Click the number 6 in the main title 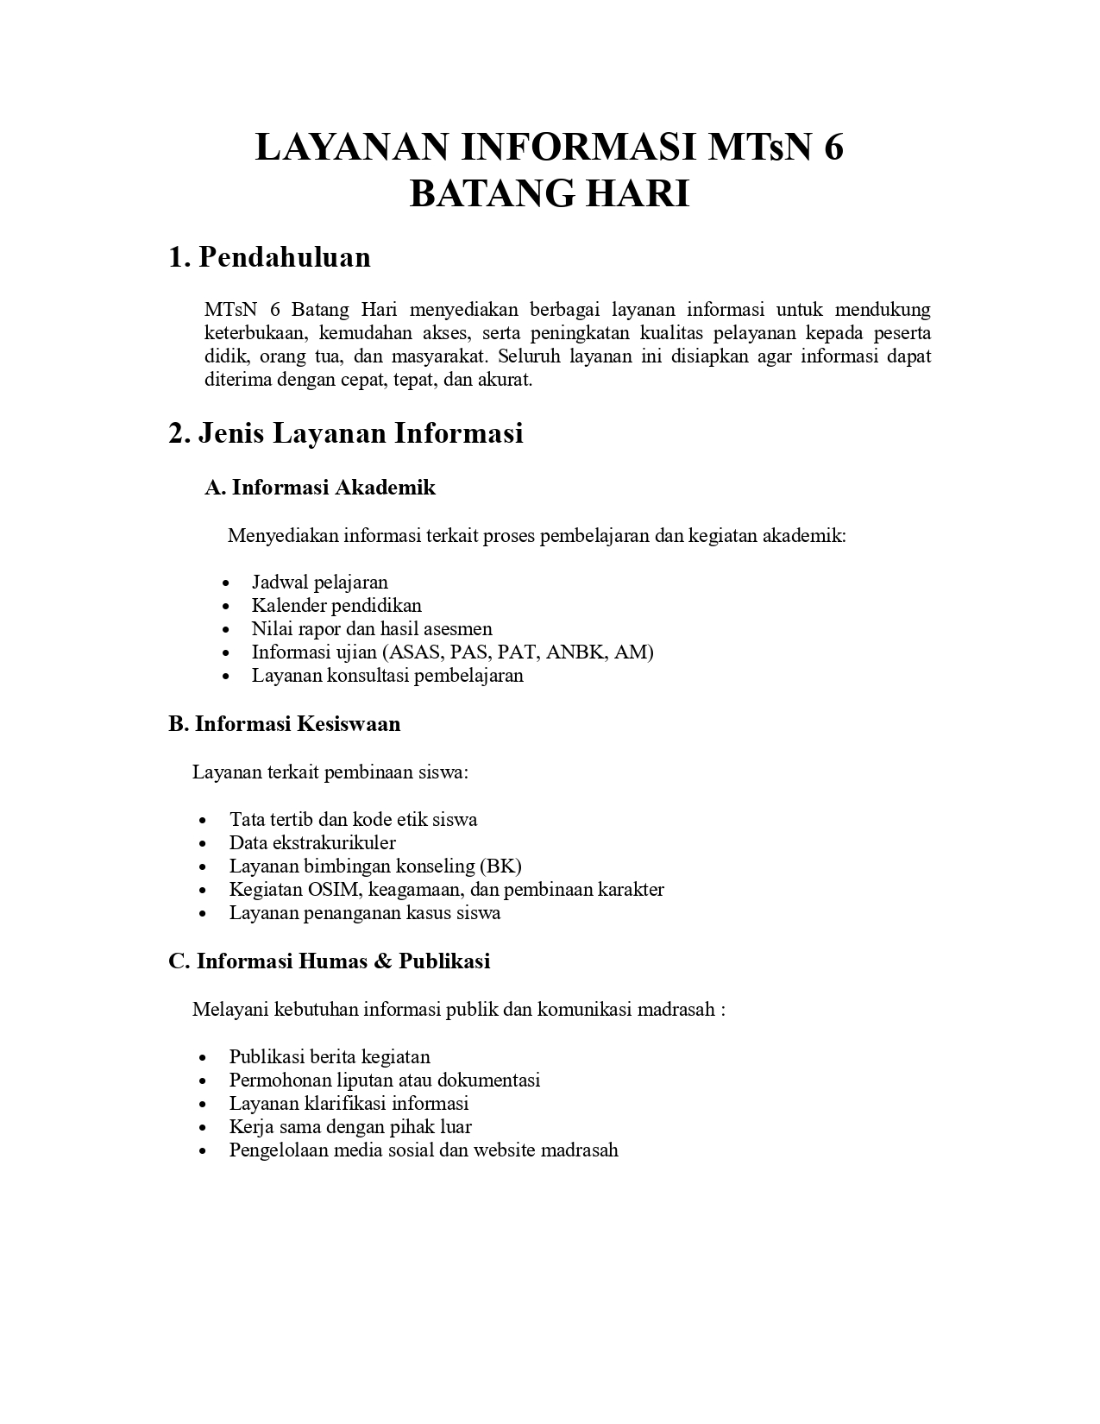[832, 148]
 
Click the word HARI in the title [638, 194]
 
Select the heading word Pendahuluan [285, 257]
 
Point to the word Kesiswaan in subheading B [349, 723]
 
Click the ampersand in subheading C [383, 961]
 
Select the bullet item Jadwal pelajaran [319, 582]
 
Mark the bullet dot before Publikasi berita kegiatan [203, 1057]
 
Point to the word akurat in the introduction [504, 380]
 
